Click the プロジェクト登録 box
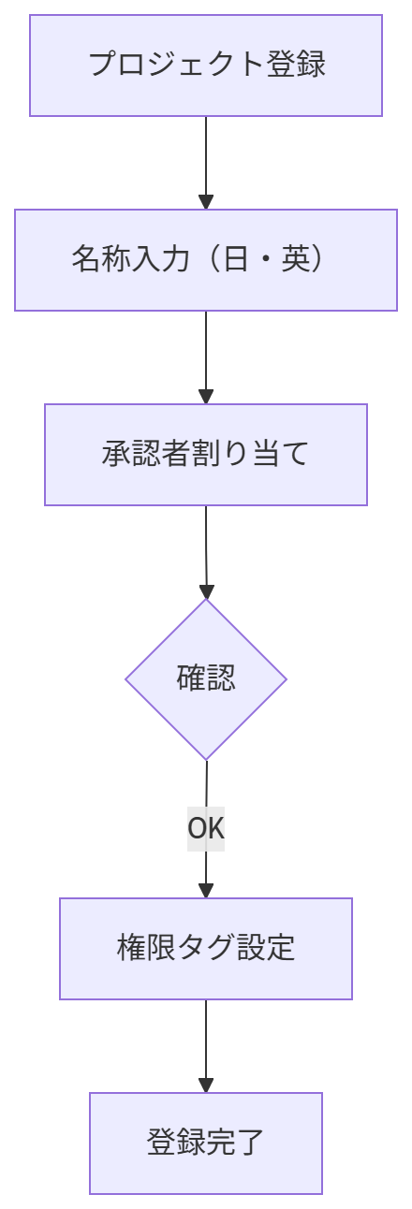(x=206, y=66)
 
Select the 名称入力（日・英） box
(x=206, y=260)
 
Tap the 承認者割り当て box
(x=206, y=455)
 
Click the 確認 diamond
(x=206, y=679)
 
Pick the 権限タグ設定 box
(x=206, y=949)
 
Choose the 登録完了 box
(x=206, y=1143)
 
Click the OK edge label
(x=206, y=828)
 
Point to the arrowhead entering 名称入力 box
(x=206, y=202)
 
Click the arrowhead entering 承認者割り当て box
(x=206, y=397)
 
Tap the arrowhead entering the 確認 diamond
(x=206, y=591)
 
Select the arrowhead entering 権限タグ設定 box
(x=206, y=891)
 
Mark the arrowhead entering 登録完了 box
(x=206, y=1085)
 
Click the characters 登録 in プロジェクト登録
(x=296, y=65)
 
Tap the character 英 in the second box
(x=295, y=258)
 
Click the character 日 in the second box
(x=235, y=258)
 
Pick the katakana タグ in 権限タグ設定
(x=206, y=947)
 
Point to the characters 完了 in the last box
(x=235, y=1142)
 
